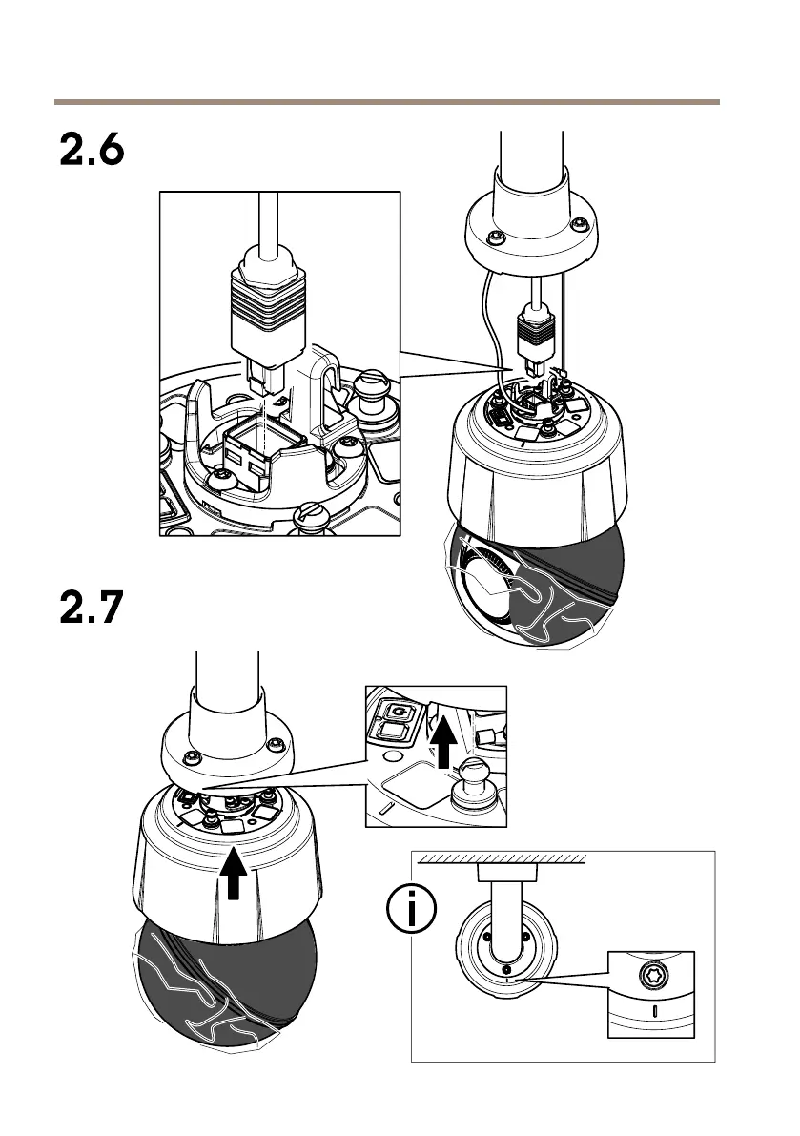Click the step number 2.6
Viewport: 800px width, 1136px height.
tap(92, 151)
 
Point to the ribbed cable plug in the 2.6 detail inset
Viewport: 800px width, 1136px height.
tap(268, 311)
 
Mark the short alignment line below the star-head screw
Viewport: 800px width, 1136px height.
tap(654, 1010)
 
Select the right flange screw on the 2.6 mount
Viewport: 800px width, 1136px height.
tap(578, 226)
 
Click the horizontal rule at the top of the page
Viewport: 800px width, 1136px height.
tap(387, 100)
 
